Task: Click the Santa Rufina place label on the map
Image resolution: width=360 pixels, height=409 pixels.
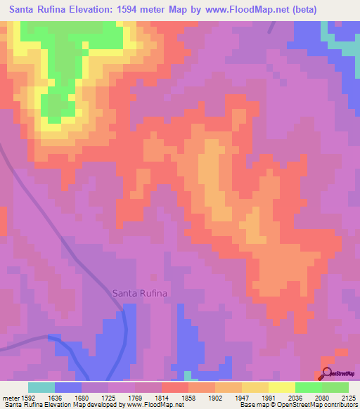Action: point(140,294)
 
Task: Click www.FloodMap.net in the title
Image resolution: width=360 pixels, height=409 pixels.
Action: point(238,10)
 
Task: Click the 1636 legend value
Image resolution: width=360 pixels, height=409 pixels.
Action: point(55,398)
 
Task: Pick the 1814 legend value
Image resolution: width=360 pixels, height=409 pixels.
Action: point(162,398)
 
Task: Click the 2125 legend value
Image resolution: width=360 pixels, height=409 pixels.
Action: point(348,398)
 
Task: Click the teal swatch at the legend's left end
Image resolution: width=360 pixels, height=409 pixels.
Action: point(41,387)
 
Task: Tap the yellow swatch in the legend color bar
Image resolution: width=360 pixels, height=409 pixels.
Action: point(282,387)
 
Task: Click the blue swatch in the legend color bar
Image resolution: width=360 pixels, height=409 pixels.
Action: point(68,387)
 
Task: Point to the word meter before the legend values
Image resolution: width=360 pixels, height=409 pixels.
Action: point(9,398)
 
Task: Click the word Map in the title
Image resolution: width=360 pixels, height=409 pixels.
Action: point(188,10)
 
